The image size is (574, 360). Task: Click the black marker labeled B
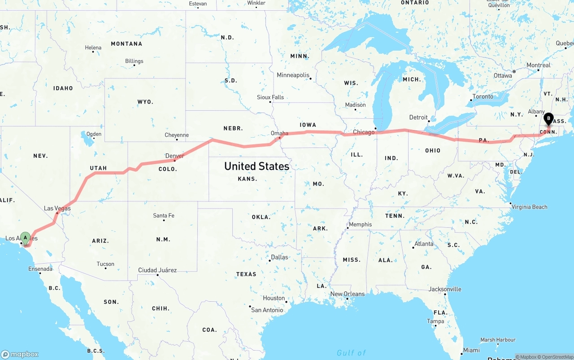point(548,119)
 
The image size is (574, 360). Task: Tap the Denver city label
point(174,156)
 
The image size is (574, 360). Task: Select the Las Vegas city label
point(57,208)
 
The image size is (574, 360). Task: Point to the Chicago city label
point(363,132)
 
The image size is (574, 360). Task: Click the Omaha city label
point(279,133)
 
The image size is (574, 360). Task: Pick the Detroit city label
point(418,117)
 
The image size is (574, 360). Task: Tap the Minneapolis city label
point(293,75)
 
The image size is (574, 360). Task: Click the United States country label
point(257,166)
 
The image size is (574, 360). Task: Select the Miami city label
point(471,350)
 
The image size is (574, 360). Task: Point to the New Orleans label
point(348,294)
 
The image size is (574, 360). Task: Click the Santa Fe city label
point(164,216)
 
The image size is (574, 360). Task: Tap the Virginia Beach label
point(530,207)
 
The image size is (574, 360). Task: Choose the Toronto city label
point(483,96)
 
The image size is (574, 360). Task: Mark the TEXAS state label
point(246,274)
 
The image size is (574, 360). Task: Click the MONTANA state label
point(126,44)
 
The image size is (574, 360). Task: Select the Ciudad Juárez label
point(157,270)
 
